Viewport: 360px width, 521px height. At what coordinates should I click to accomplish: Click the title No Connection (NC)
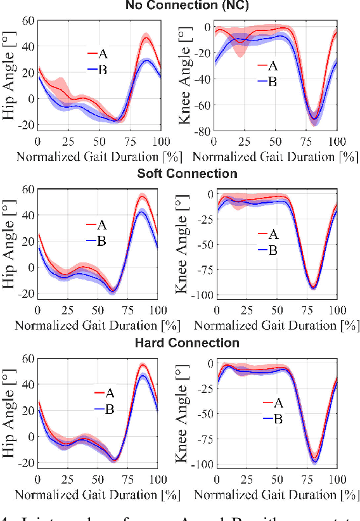point(188,6)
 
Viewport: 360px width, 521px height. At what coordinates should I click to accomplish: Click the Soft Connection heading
point(188,174)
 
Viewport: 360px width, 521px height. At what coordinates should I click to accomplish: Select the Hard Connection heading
point(188,343)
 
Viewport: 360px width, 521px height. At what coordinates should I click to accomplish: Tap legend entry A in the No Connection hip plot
point(102,54)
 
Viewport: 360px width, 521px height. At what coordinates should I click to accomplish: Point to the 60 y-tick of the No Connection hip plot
point(27,21)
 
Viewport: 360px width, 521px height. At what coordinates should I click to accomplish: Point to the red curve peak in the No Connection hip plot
point(146,37)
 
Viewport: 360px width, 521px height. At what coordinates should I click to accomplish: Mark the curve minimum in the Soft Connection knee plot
point(312,287)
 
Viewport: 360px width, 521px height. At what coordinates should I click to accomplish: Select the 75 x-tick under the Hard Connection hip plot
point(130,480)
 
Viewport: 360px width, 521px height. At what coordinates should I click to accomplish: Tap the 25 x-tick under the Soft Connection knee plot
point(245,311)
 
